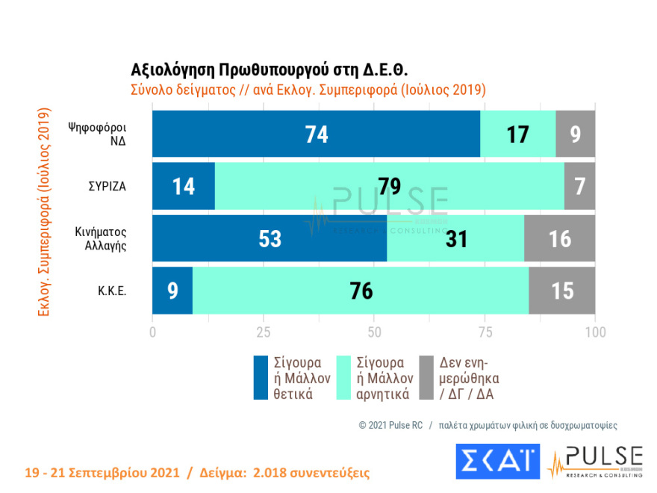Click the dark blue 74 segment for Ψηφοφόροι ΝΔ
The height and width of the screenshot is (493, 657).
(x=316, y=134)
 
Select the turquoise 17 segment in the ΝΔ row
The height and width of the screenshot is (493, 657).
(x=517, y=134)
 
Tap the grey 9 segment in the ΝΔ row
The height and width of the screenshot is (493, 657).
(x=575, y=134)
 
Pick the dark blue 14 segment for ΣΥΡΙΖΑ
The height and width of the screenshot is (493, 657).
(x=184, y=187)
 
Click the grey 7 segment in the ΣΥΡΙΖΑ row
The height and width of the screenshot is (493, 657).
(x=579, y=187)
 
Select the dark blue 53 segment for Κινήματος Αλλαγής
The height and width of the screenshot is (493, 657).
(x=270, y=239)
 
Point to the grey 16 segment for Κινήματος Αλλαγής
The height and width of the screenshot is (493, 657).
(x=559, y=239)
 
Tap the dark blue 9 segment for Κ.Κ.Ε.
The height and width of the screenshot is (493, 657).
(x=172, y=291)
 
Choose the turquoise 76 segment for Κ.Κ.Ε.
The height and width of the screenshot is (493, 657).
(x=361, y=291)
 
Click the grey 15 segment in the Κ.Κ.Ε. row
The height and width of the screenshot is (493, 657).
(x=561, y=291)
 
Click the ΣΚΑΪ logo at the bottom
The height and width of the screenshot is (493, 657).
(x=497, y=462)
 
